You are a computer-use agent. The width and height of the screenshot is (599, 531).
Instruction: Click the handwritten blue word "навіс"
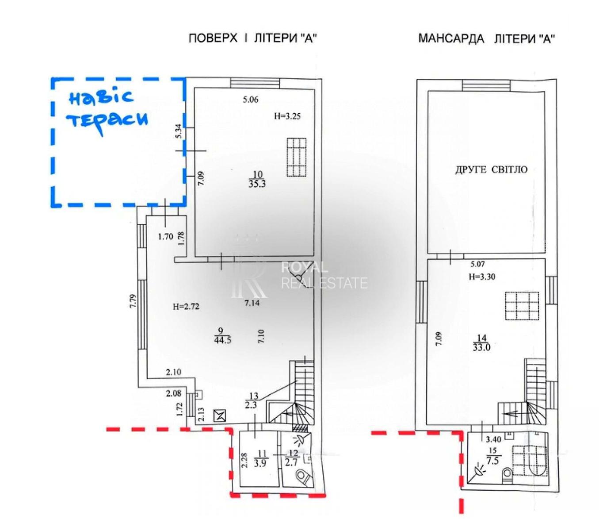(101, 98)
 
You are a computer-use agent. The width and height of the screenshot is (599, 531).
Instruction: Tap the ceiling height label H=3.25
(287, 116)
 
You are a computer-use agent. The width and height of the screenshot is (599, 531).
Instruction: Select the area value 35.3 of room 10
(257, 184)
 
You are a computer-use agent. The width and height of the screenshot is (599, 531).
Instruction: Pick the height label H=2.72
(186, 307)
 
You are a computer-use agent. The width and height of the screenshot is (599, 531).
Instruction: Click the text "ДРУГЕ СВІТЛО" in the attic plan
(491, 170)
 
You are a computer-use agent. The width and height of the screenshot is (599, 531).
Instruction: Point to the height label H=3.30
(482, 277)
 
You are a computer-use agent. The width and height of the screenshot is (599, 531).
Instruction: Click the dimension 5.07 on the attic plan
(477, 263)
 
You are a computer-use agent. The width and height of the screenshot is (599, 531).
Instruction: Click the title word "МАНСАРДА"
(451, 39)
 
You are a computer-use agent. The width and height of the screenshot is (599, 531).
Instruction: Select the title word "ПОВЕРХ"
(213, 38)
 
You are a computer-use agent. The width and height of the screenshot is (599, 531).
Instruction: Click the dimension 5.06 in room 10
(250, 100)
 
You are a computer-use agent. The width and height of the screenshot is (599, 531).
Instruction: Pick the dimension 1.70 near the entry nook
(166, 237)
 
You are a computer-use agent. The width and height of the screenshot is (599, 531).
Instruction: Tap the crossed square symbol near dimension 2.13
(220, 415)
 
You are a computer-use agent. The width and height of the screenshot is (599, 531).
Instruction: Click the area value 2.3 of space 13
(251, 404)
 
